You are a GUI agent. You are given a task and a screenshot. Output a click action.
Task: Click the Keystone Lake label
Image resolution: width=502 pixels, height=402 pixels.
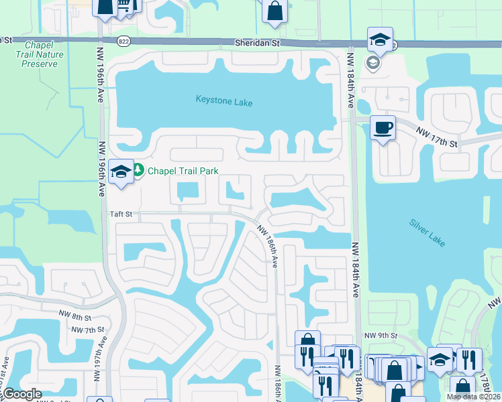click(x=224, y=100)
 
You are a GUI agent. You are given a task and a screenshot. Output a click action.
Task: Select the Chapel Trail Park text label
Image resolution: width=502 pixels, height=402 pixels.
click(x=183, y=171)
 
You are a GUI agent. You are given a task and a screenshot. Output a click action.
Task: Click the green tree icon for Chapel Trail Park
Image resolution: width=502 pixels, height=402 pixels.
click(x=138, y=170)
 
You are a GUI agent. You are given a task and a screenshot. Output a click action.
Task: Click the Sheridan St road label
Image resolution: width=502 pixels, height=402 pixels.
click(x=256, y=42)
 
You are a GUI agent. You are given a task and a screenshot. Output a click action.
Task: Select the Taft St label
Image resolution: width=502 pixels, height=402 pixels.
click(x=122, y=214)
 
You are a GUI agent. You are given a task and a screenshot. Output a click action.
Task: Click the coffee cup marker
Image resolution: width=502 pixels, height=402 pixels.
click(x=383, y=127)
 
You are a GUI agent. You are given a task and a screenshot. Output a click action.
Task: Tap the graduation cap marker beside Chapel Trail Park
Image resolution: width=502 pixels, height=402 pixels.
click(x=121, y=173)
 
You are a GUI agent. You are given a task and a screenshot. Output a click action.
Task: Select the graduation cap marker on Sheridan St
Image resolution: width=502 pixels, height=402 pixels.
click(x=380, y=38)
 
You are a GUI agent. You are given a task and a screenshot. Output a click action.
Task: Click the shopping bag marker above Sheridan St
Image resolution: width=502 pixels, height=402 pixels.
click(x=274, y=11)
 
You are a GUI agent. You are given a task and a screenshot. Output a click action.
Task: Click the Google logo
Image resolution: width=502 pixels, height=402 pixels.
click(x=21, y=394)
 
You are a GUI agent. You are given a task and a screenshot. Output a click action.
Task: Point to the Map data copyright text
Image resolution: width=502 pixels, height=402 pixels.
click(x=473, y=397)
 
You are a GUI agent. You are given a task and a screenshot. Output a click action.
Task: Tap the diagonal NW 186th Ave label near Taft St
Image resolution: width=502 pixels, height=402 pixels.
click(x=269, y=244)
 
